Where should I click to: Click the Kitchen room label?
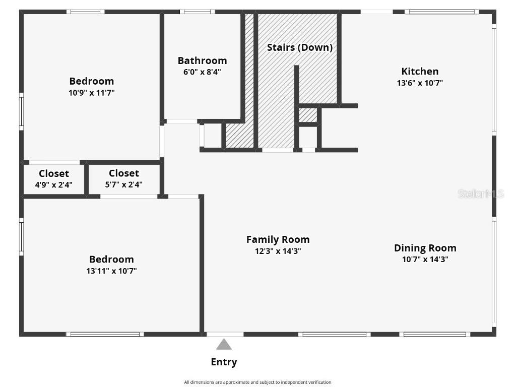coord(419,71)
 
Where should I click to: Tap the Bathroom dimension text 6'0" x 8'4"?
coord(202,72)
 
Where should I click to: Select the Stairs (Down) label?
coord(299,47)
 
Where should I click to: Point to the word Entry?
coord(224,362)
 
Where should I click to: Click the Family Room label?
coord(278,239)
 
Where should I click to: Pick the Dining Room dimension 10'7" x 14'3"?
coord(425,260)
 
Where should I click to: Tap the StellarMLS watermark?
coord(480,193)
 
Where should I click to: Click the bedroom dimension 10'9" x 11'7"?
coord(91,93)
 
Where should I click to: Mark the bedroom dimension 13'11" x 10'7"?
coord(111,271)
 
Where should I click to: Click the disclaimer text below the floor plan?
coord(257,382)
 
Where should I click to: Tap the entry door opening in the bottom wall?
coord(225,334)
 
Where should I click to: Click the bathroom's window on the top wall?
coord(197,12)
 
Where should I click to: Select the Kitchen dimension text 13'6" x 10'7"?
coord(419,83)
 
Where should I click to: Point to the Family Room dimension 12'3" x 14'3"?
coord(278,251)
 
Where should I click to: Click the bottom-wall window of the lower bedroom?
coord(105,334)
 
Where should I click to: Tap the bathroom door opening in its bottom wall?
coord(181,121)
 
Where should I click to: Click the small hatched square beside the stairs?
coord(307,115)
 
